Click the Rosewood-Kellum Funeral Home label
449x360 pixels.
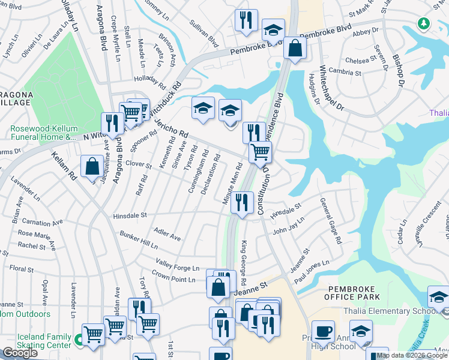pos(42,133)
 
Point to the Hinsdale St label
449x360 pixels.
pos(130,215)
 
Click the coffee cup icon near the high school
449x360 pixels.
pos(323,331)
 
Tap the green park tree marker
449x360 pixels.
pos(424,23)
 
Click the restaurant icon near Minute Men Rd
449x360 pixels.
pos(242,202)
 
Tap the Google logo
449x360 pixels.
pos(20,352)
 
